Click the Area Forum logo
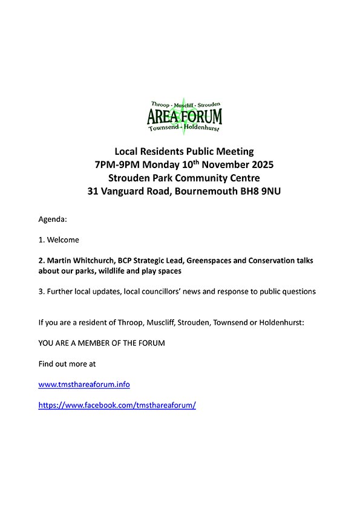click(x=185, y=115)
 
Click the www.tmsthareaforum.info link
click(x=83, y=384)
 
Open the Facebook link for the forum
click(x=117, y=406)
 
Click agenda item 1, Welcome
click(x=59, y=240)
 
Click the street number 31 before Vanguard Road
click(x=93, y=192)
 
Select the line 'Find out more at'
click(x=67, y=364)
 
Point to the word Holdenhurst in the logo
click(x=201, y=128)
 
